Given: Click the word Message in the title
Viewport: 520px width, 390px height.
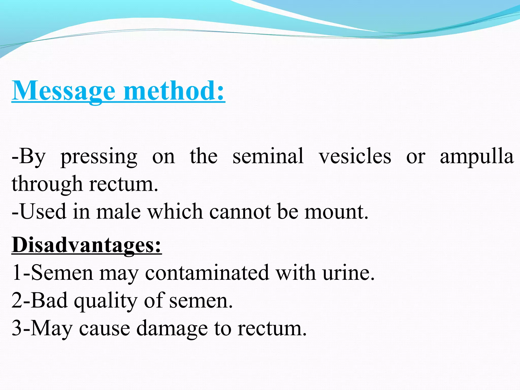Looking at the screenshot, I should [x=63, y=91].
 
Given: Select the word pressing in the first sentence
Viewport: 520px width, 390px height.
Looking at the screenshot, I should [x=99, y=157].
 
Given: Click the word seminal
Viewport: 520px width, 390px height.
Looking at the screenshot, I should [x=268, y=156].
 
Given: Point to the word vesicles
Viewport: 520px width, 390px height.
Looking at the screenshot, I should [x=355, y=156].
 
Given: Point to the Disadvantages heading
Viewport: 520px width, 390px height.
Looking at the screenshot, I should [x=87, y=245].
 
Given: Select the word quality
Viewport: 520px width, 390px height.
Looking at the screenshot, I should [x=106, y=301].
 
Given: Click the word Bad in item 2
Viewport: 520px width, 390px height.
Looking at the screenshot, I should [x=50, y=300].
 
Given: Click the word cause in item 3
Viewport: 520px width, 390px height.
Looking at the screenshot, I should [x=105, y=328].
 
